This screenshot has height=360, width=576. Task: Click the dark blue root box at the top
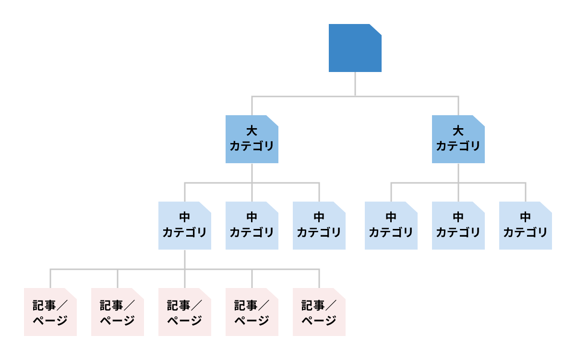355,48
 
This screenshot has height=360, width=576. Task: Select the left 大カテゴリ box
252,139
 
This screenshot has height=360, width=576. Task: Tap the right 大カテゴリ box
458,139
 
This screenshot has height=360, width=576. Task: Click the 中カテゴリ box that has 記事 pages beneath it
184,226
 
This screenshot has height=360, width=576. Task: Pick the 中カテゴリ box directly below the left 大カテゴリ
252,226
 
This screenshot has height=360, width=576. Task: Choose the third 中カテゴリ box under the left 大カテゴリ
319,226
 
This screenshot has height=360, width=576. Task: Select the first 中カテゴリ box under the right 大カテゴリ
391,226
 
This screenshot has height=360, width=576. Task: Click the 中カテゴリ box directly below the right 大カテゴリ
458,226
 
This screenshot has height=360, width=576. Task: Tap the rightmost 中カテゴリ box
525,226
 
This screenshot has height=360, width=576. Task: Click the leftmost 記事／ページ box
50,312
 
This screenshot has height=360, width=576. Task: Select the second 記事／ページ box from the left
117,312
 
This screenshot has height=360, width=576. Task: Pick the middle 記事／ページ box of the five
184,312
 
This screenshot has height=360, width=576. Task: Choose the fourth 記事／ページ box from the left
252,312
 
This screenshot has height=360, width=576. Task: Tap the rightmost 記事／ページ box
319,312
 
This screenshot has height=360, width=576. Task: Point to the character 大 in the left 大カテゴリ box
252,131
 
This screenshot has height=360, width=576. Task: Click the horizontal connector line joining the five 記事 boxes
151,269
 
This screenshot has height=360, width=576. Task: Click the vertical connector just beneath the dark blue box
355,84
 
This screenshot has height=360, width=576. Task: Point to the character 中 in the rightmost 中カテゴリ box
525,217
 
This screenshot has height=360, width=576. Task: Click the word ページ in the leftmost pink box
50,321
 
